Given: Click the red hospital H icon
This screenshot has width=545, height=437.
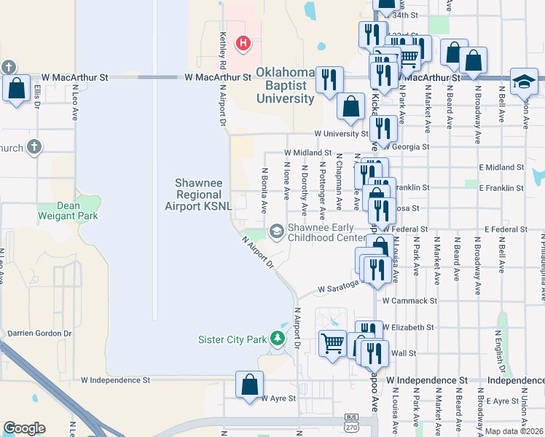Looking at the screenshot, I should [x=243, y=44].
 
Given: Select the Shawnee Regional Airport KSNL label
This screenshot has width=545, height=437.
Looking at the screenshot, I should [x=198, y=194].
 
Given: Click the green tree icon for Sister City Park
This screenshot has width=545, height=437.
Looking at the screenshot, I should [x=277, y=339].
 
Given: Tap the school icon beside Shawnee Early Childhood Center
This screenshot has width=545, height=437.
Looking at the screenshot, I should [x=276, y=232].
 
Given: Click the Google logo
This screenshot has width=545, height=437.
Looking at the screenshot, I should [x=24, y=428].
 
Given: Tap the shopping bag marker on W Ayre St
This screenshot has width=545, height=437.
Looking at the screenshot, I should [x=249, y=386].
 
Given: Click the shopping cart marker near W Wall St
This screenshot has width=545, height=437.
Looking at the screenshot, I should [x=332, y=343].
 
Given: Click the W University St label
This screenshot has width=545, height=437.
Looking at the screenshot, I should [x=341, y=134].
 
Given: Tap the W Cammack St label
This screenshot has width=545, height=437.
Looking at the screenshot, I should [x=409, y=300].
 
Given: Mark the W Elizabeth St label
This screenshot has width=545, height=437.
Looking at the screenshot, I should [x=408, y=328].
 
